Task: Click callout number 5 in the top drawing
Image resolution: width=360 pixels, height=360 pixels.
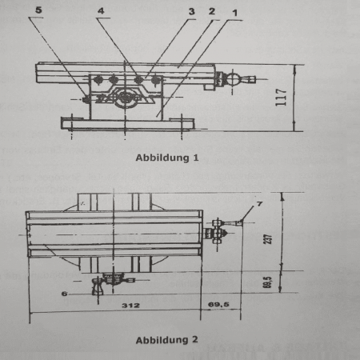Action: click(38, 10)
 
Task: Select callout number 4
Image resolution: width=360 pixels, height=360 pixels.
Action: click(101, 10)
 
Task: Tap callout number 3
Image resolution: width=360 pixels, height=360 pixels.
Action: click(192, 11)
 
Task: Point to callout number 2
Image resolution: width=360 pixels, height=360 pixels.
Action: click(212, 11)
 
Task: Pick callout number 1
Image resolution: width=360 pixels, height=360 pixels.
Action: click(234, 13)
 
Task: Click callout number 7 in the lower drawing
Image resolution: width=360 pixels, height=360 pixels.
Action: click(259, 204)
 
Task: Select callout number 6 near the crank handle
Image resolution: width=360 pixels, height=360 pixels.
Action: click(64, 294)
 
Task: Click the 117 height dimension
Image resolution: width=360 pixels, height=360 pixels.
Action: click(282, 98)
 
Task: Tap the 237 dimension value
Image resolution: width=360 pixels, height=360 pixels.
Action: click(268, 239)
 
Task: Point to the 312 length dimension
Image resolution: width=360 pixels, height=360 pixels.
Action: click(130, 305)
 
